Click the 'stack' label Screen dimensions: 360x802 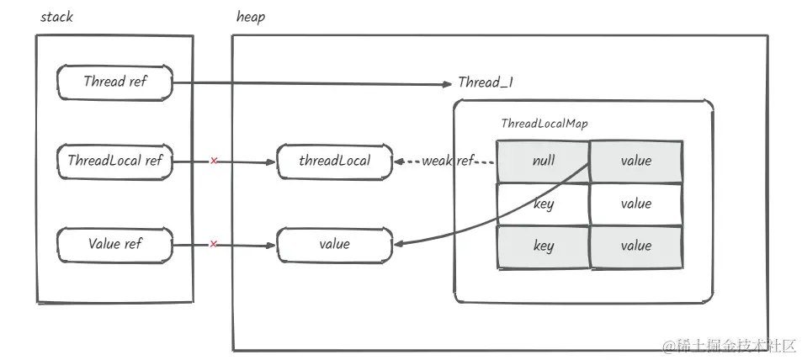[x=56, y=17]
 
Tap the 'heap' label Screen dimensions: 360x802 [x=252, y=17]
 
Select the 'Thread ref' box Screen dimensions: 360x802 [x=114, y=82]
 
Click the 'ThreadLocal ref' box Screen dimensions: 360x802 [x=114, y=161]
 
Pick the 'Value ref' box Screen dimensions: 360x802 [x=114, y=245]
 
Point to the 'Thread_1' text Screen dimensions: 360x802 [x=486, y=82]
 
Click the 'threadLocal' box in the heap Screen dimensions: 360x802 [x=334, y=161]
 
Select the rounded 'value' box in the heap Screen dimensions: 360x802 [x=334, y=245]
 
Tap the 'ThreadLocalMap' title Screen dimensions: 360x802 [x=544, y=124]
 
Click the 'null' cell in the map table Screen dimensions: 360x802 [x=544, y=161]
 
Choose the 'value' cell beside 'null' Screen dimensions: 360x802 [x=635, y=161]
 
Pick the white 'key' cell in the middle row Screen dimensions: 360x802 [x=544, y=204]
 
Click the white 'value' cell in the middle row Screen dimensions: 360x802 [x=635, y=204]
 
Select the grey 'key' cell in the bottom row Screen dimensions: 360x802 [x=544, y=246]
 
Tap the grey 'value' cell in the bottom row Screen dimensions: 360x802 [x=635, y=246]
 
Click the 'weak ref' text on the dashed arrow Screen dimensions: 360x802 [x=448, y=161]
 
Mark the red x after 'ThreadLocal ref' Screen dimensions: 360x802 [x=214, y=161]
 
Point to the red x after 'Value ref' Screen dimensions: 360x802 [x=214, y=245]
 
